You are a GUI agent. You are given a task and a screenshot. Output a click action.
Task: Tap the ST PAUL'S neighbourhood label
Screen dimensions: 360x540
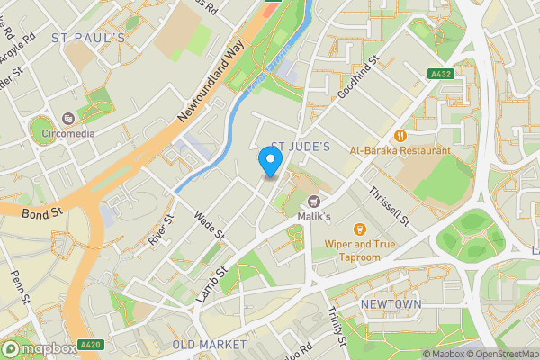(x=87, y=38)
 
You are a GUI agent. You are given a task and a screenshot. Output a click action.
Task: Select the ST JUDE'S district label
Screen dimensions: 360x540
(x=301, y=146)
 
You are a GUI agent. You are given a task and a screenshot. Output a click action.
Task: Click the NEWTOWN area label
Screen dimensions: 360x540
(x=391, y=305)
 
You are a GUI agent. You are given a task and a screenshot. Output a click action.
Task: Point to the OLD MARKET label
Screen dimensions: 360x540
(x=209, y=345)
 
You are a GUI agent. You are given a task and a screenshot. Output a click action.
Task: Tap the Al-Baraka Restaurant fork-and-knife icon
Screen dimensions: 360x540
(x=400, y=136)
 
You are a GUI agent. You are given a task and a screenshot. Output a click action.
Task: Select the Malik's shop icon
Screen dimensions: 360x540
(x=314, y=202)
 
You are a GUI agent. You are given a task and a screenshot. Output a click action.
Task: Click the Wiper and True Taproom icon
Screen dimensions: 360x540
(x=360, y=229)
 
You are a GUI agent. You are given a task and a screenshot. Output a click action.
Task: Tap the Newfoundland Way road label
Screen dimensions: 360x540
(x=211, y=82)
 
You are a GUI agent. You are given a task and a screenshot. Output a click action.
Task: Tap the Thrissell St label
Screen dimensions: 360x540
(x=389, y=206)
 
